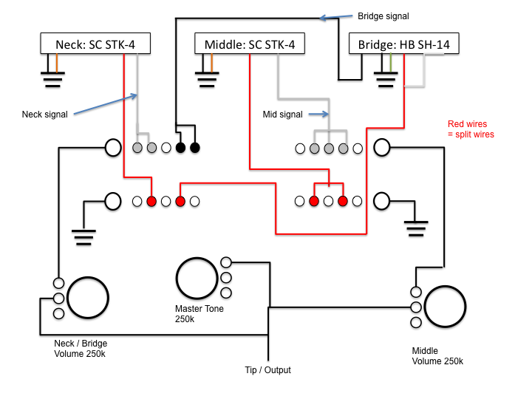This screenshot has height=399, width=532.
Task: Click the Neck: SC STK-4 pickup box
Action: tap(95, 44)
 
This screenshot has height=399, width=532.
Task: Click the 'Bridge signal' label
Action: tap(383, 16)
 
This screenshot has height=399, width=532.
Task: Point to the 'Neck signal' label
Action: tap(45, 115)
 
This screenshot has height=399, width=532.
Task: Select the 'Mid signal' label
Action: tap(283, 115)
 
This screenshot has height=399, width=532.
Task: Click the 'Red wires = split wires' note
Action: tap(471, 129)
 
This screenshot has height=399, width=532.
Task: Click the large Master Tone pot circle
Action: tap(197, 279)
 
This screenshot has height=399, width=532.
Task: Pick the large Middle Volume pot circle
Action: tap(445, 307)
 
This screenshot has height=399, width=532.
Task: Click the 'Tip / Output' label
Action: tap(267, 370)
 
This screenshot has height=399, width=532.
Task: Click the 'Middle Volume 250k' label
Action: tap(437, 356)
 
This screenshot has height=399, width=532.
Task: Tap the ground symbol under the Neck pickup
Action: tap(52, 78)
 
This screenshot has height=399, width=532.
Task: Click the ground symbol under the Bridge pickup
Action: tap(385, 78)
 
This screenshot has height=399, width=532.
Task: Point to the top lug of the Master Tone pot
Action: tap(226, 262)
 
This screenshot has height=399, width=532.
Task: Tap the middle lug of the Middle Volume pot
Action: tap(415, 307)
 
